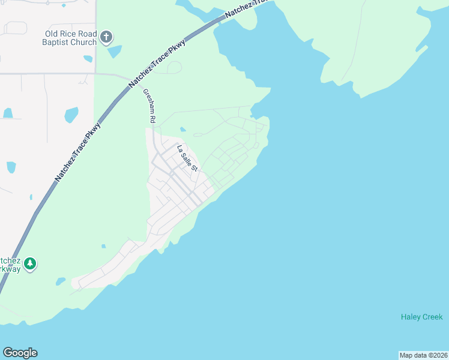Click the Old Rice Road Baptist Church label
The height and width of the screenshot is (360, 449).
coord(69,38)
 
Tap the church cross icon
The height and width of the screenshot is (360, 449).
coord(106,38)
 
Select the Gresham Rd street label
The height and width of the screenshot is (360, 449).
coord(149,106)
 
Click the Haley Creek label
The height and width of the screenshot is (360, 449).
coord(421,317)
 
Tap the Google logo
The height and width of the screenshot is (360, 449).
coord(20,353)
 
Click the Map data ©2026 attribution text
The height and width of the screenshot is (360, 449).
coord(423,355)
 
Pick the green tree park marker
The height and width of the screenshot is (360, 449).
coord(30,263)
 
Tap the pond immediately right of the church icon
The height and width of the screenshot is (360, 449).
coord(114,52)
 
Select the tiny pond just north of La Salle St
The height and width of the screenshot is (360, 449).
coord(182,128)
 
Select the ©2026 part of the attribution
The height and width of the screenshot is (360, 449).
coord(436,355)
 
